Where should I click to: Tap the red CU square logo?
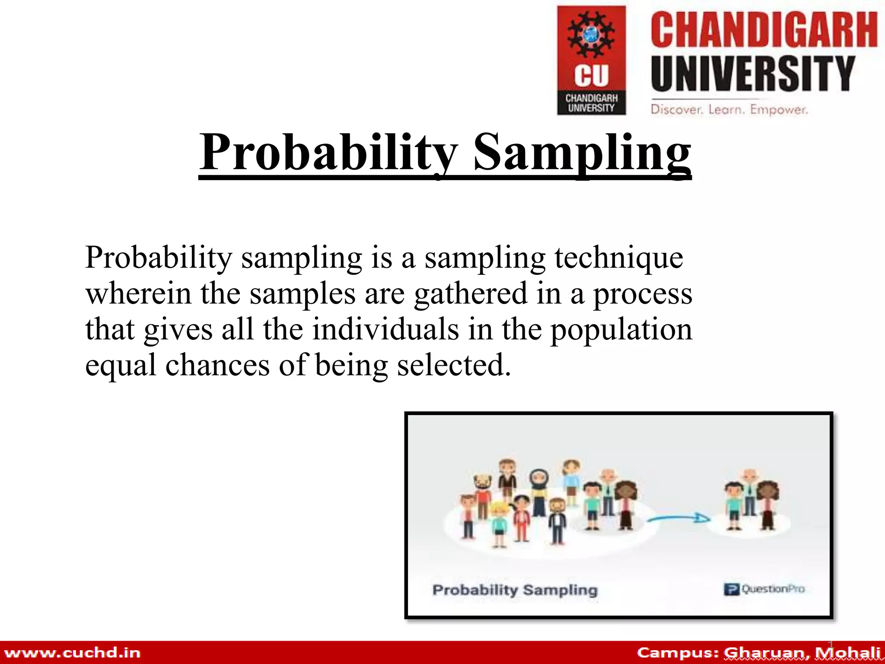pos(591,60)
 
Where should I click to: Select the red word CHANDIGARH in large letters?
pos(764,30)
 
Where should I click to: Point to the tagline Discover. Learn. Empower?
pos(729,109)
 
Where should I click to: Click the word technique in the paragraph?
pos(619,258)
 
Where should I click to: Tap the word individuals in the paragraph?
pos(385,329)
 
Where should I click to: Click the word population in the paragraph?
pos(621,329)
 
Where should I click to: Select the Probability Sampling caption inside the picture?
pos(515,590)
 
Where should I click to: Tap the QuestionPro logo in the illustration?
pos(764,589)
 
